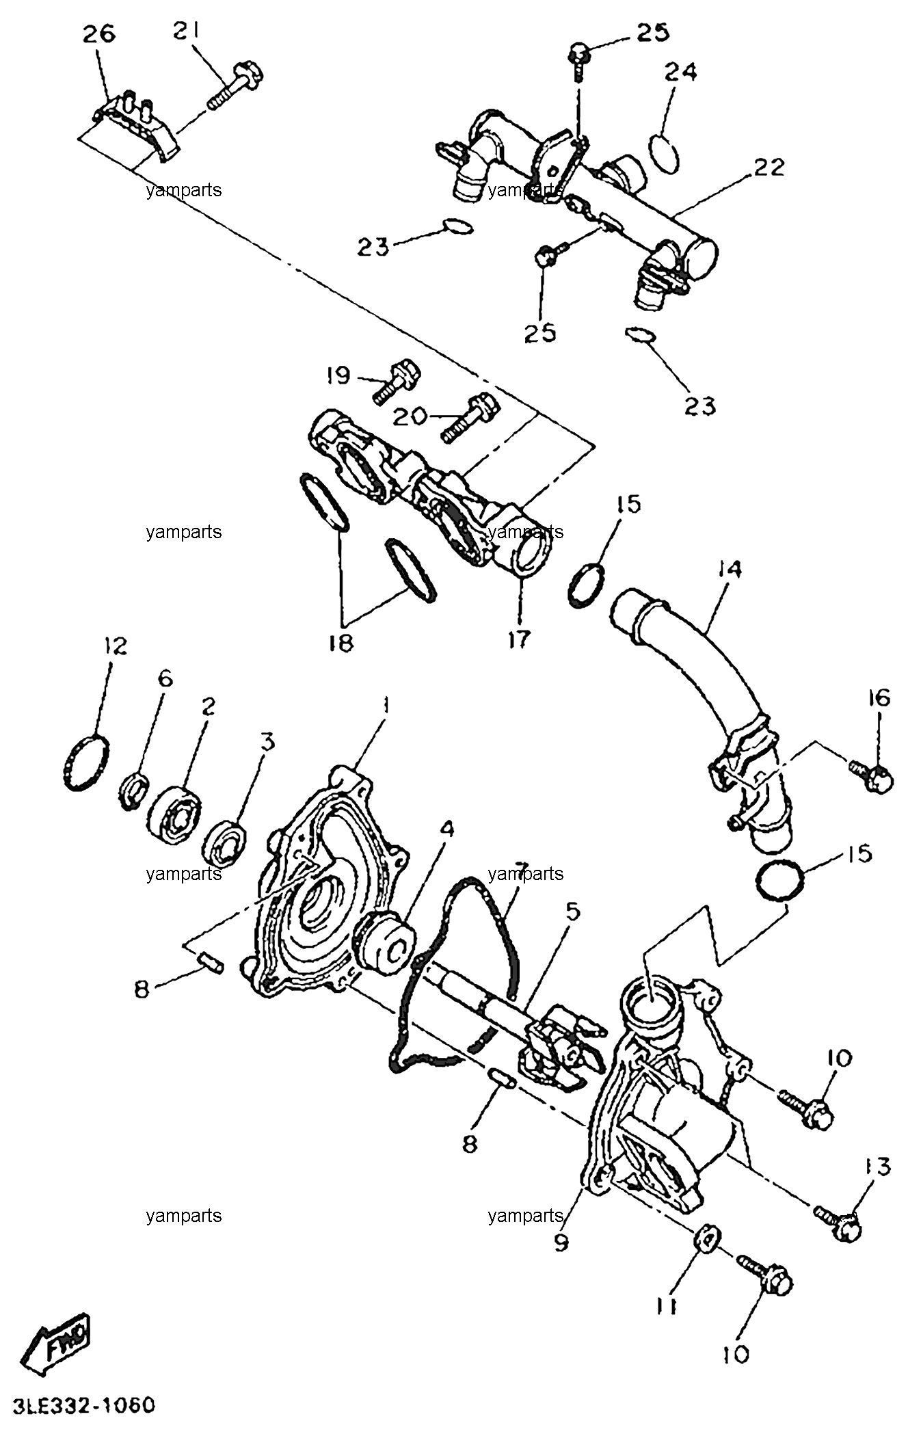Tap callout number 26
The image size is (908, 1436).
click(99, 34)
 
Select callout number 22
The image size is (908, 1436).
click(770, 167)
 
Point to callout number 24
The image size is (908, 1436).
click(680, 71)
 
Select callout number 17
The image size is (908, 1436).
click(519, 639)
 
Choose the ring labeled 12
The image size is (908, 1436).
click(87, 762)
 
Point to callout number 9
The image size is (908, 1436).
click(561, 1241)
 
